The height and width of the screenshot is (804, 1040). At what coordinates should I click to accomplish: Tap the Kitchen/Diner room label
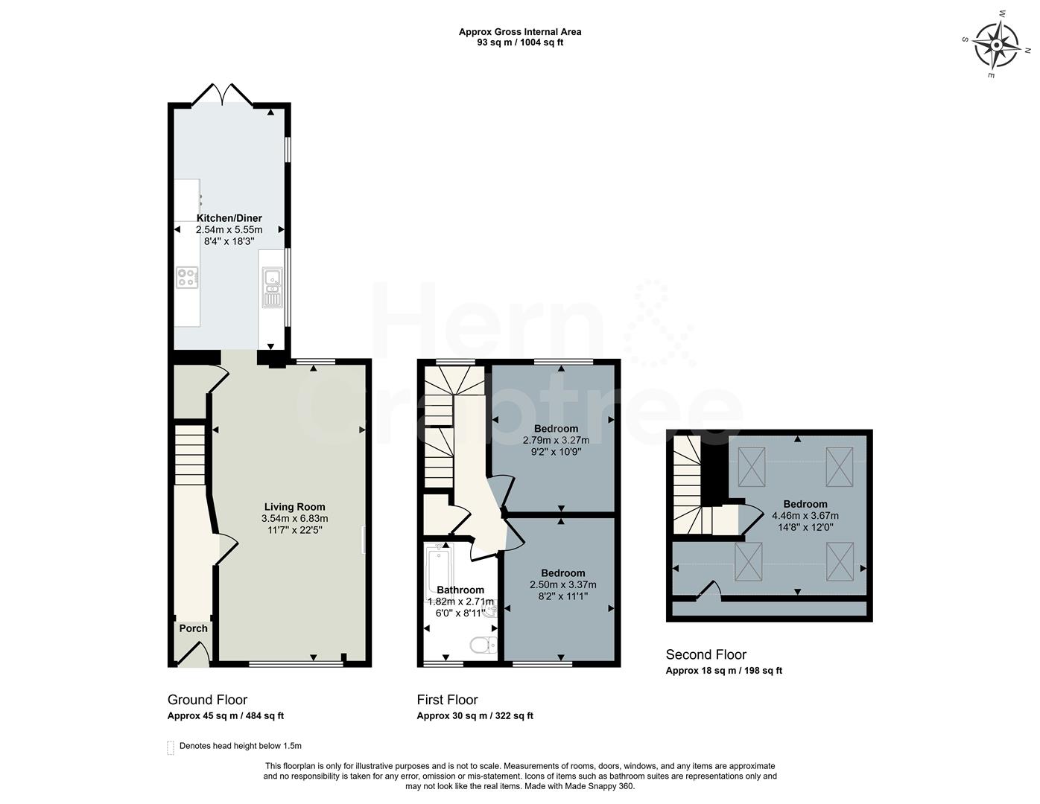tap(229, 218)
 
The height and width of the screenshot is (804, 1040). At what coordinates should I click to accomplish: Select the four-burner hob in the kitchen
tap(188, 278)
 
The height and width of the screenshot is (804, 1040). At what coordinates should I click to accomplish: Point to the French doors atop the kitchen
tap(222, 95)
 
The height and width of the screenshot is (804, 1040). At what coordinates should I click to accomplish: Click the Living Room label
tap(294, 507)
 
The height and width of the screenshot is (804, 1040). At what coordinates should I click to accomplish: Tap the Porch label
tap(194, 628)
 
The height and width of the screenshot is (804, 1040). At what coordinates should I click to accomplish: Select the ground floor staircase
tap(189, 454)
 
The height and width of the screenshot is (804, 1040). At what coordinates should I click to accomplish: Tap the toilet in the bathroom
tap(483, 644)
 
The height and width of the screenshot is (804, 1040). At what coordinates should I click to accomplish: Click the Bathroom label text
tap(460, 590)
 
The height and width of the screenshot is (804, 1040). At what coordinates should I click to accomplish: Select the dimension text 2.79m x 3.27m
tap(556, 440)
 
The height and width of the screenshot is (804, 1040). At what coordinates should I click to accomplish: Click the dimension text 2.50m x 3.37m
tap(562, 584)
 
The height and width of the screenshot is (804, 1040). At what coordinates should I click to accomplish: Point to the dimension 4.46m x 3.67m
tap(805, 515)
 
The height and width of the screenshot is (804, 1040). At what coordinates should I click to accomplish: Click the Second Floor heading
tap(706, 655)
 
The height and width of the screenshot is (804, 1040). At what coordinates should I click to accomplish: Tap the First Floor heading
tap(447, 700)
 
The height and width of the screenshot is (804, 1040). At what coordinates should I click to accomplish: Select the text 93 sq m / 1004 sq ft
tap(520, 42)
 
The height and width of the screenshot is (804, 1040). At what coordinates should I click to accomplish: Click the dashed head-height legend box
tap(171, 747)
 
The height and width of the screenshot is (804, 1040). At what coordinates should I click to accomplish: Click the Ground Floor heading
tap(207, 700)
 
